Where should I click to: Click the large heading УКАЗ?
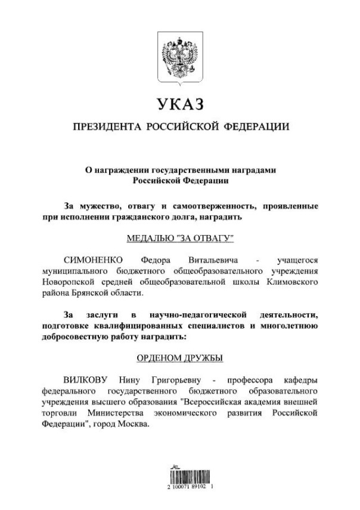pos(181,105)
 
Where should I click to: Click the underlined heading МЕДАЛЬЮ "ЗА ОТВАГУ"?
pos(181,239)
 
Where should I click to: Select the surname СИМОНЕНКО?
pos(93,261)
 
